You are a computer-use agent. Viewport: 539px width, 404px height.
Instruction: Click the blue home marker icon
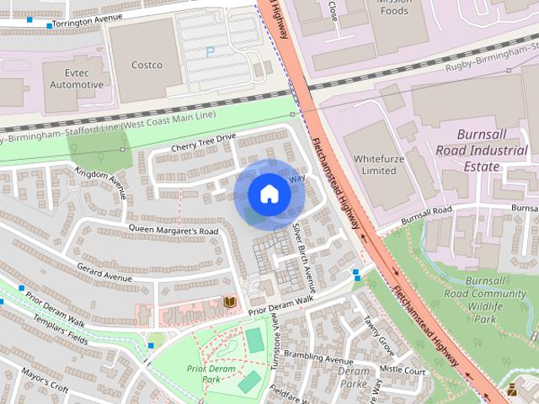point(269,194)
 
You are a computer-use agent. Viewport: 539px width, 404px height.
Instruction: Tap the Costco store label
point(147,65)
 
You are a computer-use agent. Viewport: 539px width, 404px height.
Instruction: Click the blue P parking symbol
point(210,52)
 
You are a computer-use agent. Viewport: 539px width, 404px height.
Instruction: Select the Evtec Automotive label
point(76,79)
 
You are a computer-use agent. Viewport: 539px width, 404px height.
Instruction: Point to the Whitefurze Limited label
point(375,164)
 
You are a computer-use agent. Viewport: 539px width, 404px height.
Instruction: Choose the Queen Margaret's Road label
point(173,230)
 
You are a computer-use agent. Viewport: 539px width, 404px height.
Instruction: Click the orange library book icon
point(230,301)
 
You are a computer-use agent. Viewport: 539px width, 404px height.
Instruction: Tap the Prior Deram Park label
point(209,374)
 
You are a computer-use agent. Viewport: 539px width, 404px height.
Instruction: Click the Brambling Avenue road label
point(318,359)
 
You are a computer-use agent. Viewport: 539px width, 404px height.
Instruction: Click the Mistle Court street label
point(402,369)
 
